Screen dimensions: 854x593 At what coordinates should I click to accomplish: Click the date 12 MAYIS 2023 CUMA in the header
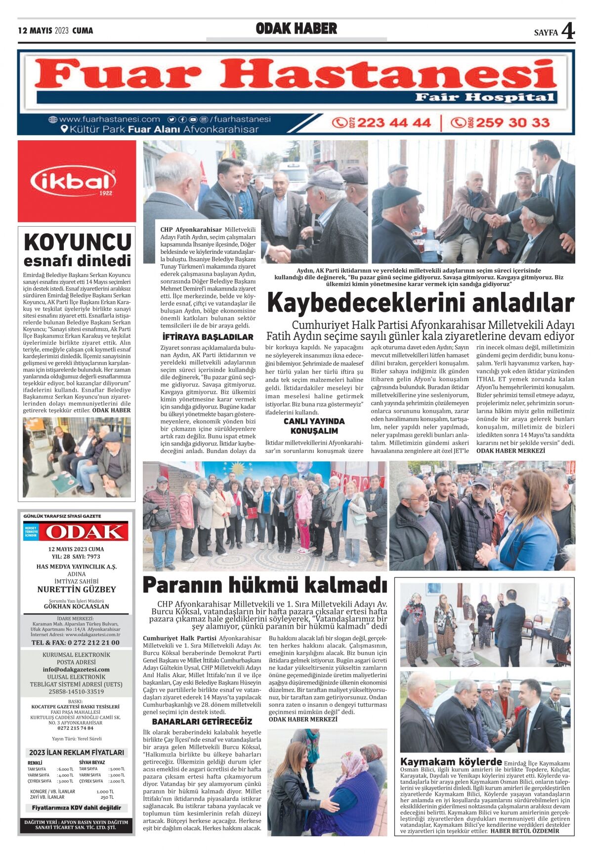(55, 31)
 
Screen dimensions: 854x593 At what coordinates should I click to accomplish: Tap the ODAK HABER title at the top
(296, 29)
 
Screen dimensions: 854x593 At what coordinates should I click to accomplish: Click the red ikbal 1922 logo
(77, 181)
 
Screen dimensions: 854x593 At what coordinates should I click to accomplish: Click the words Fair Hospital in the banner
(484, 97)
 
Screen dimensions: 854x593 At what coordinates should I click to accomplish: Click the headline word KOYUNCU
(77, 243)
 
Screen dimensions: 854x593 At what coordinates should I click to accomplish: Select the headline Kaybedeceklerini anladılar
(421, 303)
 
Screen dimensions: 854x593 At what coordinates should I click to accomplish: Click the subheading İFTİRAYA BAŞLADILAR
(208, 337)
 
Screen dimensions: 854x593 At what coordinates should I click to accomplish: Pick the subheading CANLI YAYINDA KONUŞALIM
(314, 425)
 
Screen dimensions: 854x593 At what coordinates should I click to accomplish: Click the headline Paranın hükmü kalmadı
(264, 585)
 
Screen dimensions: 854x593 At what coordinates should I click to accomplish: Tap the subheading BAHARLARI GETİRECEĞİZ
(202, 721)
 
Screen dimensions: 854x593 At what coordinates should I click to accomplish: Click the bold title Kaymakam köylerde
(451, 761)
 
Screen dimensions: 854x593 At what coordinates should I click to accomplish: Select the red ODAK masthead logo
(83, 531)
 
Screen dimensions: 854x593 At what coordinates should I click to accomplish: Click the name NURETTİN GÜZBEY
(77, 589)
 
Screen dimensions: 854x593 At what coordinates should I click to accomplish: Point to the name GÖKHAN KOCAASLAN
(77, 606)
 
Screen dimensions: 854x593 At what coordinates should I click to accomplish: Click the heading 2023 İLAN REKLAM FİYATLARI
(77, 752)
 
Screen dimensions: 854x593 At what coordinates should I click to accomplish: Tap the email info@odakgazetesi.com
(77, 669)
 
